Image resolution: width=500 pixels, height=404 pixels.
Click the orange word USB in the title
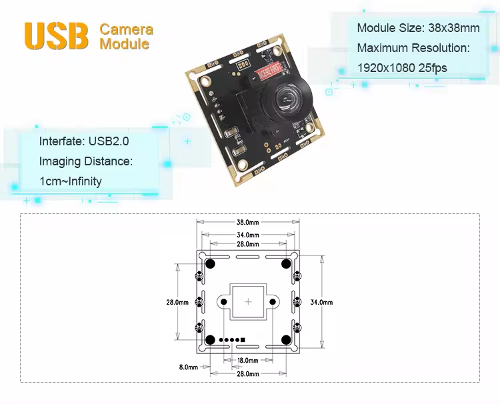point(56,36)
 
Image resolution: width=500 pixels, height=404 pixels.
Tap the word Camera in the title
point(126,29)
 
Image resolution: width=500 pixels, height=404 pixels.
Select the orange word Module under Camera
point(124,44)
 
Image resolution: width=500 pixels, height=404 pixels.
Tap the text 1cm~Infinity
point(71,181)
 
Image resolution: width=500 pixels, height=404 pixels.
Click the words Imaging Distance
point(86,161)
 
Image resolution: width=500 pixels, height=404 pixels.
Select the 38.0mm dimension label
point(247,223)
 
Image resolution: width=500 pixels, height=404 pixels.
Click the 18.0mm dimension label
point(248,361)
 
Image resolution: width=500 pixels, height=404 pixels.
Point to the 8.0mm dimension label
point(189,367)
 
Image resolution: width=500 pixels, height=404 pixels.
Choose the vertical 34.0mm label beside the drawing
point(321,302)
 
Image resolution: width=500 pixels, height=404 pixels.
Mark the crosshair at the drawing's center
point(248,302)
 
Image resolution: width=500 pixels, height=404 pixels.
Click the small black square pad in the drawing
point(243,340)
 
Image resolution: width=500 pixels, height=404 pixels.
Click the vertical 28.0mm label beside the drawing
point(177,302)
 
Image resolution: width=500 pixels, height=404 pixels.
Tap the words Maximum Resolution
point(413,48)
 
